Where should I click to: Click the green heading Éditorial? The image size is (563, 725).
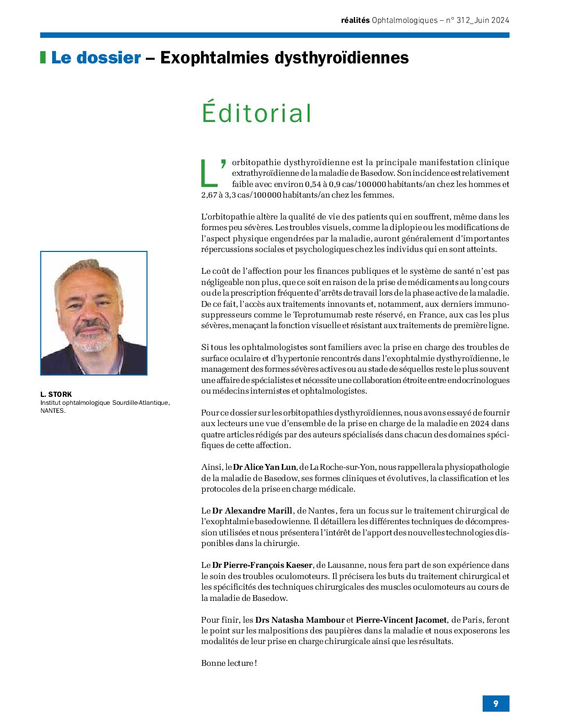point(256,113)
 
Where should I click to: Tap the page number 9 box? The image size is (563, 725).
point(495,703)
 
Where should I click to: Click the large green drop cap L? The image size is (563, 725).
point(210,173)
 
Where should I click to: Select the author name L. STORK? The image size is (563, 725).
point(56,394)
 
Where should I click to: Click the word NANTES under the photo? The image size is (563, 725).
point(52,411)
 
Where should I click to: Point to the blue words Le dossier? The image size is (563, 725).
point(96,58)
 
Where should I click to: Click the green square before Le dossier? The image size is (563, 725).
point(43,58)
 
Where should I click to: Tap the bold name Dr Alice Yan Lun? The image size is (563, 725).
point(264,467)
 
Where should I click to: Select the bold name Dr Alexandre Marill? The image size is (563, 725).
point(252,511)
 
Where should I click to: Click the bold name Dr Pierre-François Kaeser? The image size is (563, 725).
point(262,565)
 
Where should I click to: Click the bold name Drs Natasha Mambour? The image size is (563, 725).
point(300,620)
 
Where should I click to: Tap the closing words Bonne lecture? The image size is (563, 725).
point(228,663)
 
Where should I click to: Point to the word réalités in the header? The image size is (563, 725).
point(355,20)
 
